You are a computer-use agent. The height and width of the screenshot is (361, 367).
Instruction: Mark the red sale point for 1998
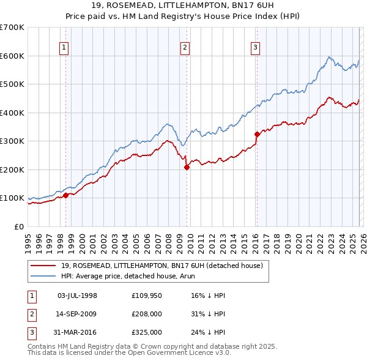(65, 196)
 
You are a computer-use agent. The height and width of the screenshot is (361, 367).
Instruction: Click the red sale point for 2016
(257, 134)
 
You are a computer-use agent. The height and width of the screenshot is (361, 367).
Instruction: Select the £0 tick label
(20, 226)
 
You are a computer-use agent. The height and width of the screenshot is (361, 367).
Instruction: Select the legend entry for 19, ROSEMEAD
(161, 265)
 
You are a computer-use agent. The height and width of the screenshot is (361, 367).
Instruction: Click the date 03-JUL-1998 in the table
(77, 296)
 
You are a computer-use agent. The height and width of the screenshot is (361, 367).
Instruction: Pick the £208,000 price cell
(147, 314)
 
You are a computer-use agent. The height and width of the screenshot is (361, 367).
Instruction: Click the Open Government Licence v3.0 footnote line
(130, 353)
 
